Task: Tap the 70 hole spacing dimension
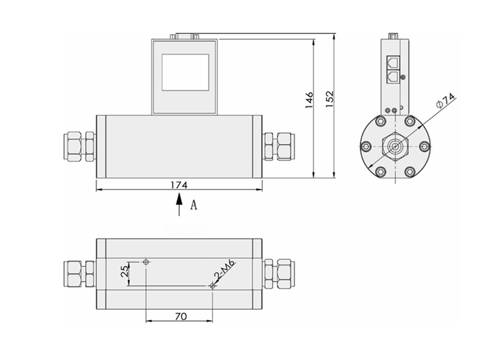180,316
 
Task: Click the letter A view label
193,205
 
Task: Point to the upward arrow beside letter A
179,206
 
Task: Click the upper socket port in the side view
392,63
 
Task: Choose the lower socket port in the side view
392,77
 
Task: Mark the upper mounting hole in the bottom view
146,262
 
